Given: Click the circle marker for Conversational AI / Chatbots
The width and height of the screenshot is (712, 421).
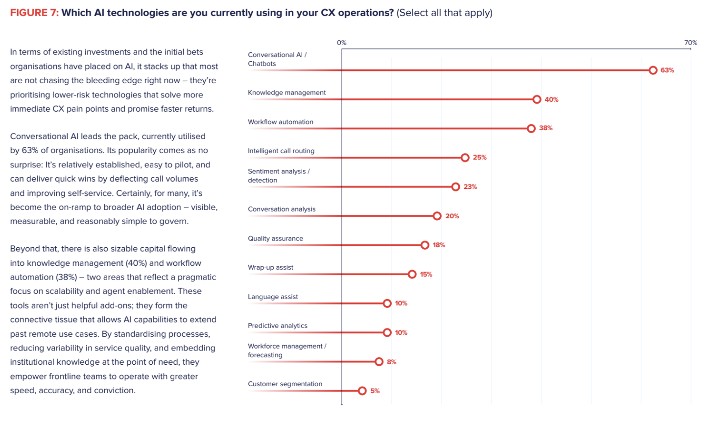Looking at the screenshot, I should point(653,70).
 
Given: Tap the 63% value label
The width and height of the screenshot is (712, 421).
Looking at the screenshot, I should point(667,70).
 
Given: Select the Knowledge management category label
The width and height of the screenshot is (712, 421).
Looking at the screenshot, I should point(286,93).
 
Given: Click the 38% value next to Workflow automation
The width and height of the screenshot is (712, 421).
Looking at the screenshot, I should point(546,128).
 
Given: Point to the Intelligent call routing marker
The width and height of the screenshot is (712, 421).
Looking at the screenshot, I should point(465,158).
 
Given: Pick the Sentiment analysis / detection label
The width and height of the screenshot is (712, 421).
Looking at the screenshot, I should point(278,176).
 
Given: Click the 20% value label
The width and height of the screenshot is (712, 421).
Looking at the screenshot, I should point(452,216).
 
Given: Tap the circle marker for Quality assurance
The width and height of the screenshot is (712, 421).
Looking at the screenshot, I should point(425,245).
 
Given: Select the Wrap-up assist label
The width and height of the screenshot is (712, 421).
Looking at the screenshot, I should point(270,267).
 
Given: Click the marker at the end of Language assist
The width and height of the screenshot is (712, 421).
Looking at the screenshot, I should point(387,304).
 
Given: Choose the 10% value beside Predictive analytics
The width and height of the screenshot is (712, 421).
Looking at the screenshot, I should point(401,333).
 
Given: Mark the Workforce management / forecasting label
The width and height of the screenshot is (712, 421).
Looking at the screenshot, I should point(286,351).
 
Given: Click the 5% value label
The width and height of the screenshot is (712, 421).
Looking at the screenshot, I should point(375,391).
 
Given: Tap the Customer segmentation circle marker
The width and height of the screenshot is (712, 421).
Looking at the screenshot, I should point(362,391).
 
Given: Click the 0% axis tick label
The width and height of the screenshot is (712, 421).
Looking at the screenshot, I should point(341,43).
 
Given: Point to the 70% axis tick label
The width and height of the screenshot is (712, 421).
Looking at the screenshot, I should point(690,43).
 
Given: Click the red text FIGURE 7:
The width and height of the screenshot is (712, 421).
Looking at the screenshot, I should point(34,13).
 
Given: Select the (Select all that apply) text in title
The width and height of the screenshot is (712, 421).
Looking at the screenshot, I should point(445,13).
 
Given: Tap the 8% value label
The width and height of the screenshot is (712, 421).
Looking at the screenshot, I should point(391,362).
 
